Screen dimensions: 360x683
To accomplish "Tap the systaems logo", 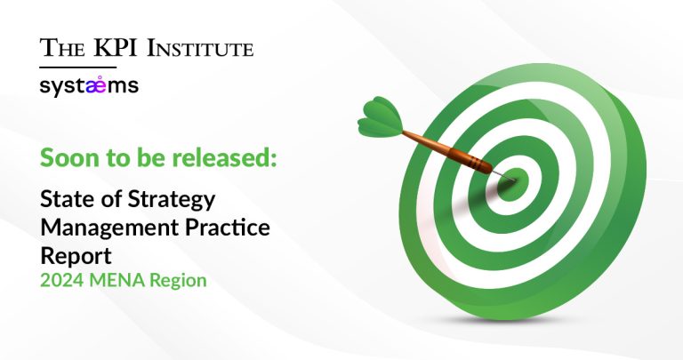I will (89, 86).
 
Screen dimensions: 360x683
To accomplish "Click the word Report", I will (76, 256).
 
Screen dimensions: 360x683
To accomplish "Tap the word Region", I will (178, 282).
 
